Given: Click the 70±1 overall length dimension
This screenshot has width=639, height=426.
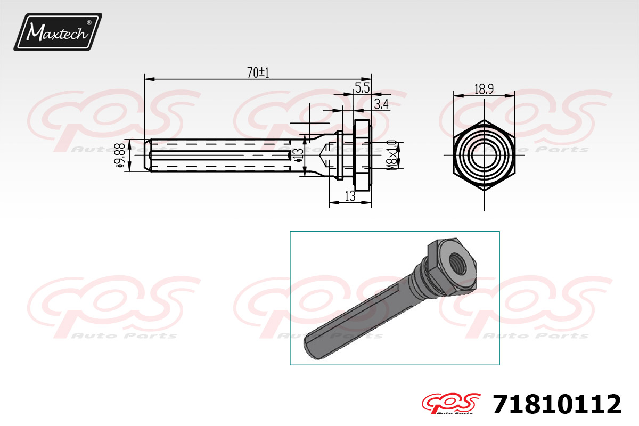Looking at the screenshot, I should [x=258, y=72].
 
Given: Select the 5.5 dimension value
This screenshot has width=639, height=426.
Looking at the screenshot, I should [x=363, y=88].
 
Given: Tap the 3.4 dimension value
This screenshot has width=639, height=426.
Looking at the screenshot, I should [x=381, y=104].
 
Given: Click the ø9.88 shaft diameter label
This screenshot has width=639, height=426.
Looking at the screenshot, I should [x=121, y=156].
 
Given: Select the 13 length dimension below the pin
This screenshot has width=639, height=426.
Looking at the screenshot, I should [x=350, y=196].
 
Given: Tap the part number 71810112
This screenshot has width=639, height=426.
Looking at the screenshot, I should [x=557, y=404].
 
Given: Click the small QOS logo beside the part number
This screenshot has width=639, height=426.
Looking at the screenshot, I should [x=450, y=404].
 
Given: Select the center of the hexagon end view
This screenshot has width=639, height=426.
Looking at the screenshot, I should [x=484, y=155].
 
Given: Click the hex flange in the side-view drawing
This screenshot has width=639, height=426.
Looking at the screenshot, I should [x=363, y=155].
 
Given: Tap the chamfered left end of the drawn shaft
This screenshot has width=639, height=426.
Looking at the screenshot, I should [x=148, y=155].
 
